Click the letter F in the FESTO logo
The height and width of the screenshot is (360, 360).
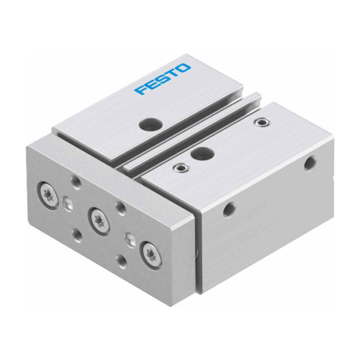[141, 90]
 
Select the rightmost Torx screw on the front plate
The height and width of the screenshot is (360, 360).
[151, 254]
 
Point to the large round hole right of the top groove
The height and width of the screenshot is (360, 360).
[203, 152]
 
